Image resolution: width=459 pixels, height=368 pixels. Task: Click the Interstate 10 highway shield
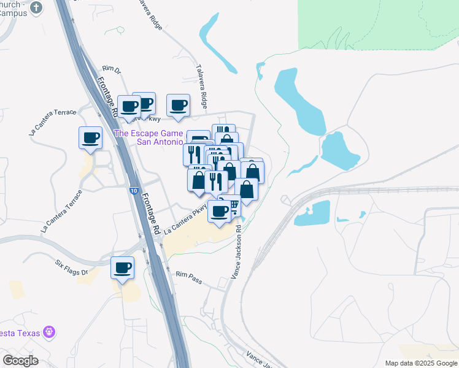(134, 191)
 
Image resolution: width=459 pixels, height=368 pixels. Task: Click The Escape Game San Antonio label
(151, 137)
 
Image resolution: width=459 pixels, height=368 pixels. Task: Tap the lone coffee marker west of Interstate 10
(90, 137)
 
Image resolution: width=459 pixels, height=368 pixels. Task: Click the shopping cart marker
(232, 206)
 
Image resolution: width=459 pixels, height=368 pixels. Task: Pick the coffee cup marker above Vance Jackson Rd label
(219, 212)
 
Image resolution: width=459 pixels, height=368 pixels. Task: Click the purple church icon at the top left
(37, 8)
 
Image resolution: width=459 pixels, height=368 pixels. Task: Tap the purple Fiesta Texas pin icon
(50, 333)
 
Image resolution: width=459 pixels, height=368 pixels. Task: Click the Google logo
(20, 360)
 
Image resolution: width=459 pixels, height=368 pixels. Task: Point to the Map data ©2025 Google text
(420, 363)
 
